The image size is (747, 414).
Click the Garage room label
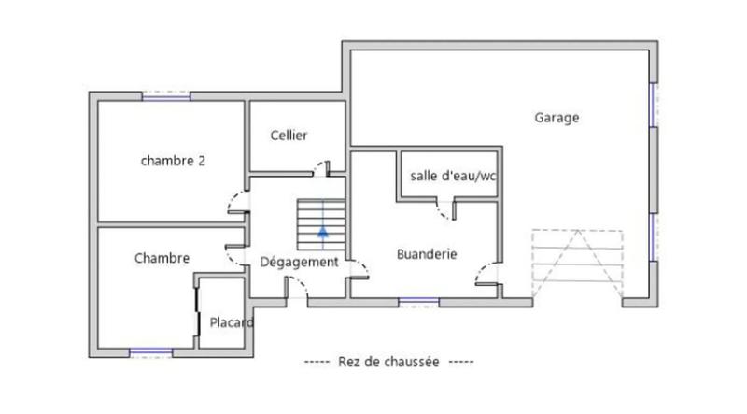[x=557, y=118]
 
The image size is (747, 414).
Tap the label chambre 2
[x=173, y=160]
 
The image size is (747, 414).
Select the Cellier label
[x=289, y=136]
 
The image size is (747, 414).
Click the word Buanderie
[x=426, y=252]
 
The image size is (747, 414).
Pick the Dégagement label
[x=299, y=262]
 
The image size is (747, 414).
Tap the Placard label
[x=231, y=323]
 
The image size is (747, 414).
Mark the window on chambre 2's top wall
[x=166, y=95]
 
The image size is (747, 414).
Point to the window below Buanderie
[x=418, y=301]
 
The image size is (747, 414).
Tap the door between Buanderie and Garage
[x=487, y=275]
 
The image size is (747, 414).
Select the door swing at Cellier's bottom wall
[x=322, y=168]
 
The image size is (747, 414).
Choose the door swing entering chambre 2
[x=237, y=203]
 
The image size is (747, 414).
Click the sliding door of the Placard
[x=198, y=313]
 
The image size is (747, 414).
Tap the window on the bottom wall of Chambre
[x=151, y=352]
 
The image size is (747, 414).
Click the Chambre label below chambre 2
[x=162, y=258]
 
